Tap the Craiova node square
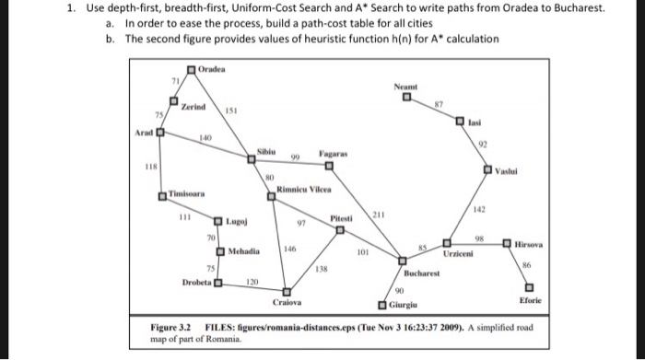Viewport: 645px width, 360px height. click(x=286, y=291)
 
